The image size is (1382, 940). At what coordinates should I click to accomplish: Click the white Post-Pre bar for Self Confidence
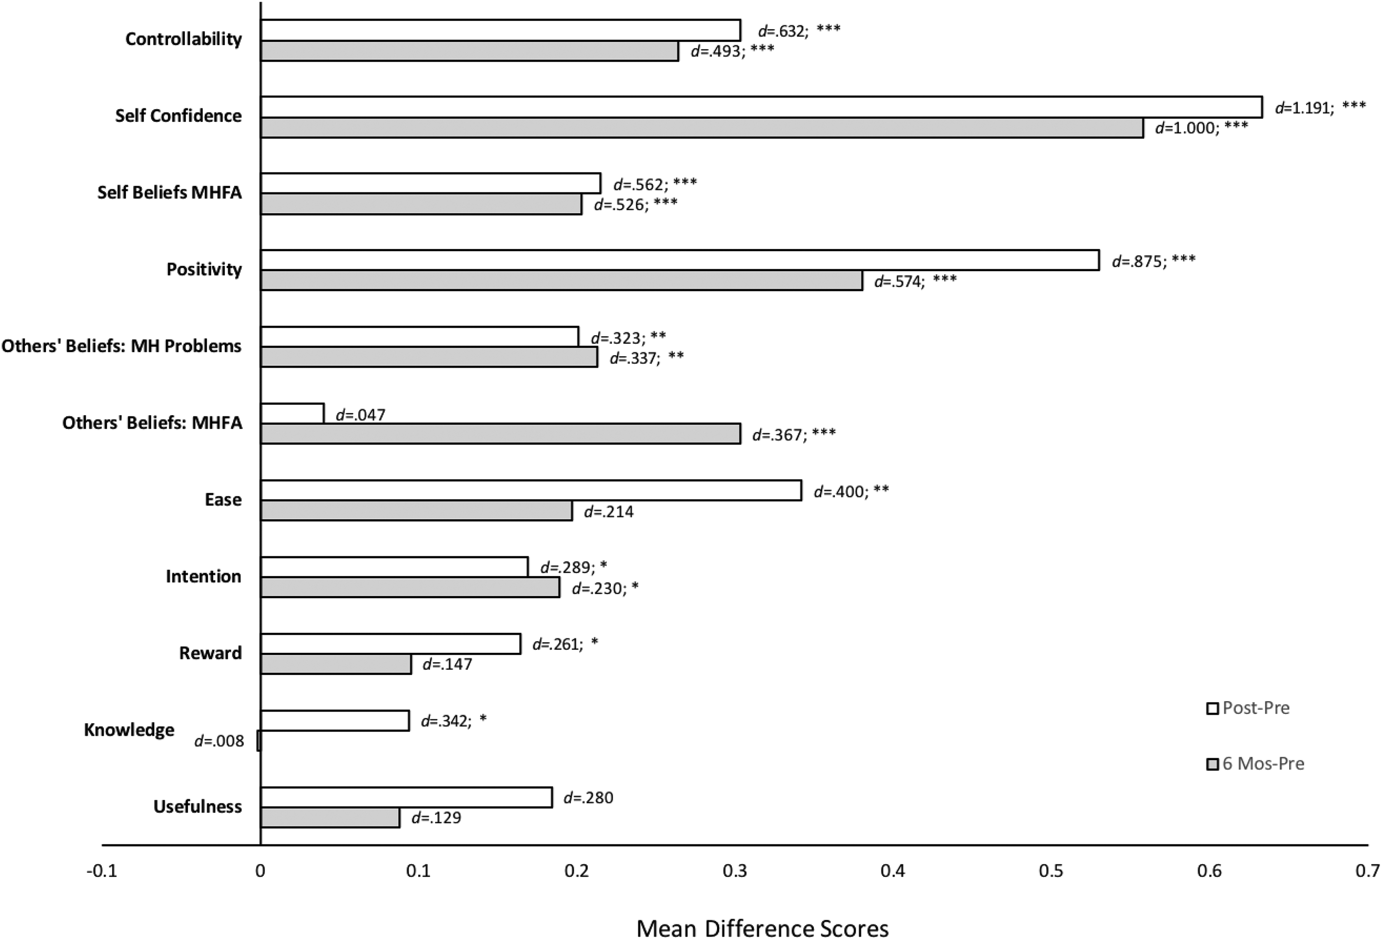(761, 107)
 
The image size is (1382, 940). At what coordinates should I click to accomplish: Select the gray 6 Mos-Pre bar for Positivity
(561, 280)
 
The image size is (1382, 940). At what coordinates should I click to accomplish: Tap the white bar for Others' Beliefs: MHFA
(292, 413)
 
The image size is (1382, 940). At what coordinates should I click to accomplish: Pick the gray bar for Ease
(416, 511)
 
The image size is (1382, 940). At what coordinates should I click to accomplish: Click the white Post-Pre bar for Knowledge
(335, 720)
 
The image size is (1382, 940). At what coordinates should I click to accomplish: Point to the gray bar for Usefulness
(330, 817)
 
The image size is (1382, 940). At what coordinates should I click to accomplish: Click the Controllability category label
(184, 39)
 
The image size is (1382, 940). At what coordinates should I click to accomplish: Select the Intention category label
(203, 576)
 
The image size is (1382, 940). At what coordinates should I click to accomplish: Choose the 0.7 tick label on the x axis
(1367, 871)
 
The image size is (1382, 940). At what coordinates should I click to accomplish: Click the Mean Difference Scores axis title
(762, 928)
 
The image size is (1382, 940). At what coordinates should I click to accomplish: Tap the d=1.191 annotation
(1303, 108)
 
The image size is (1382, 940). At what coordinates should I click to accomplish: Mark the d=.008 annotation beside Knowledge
(219, 741)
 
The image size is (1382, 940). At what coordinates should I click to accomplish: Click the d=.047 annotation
(360, 414)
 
